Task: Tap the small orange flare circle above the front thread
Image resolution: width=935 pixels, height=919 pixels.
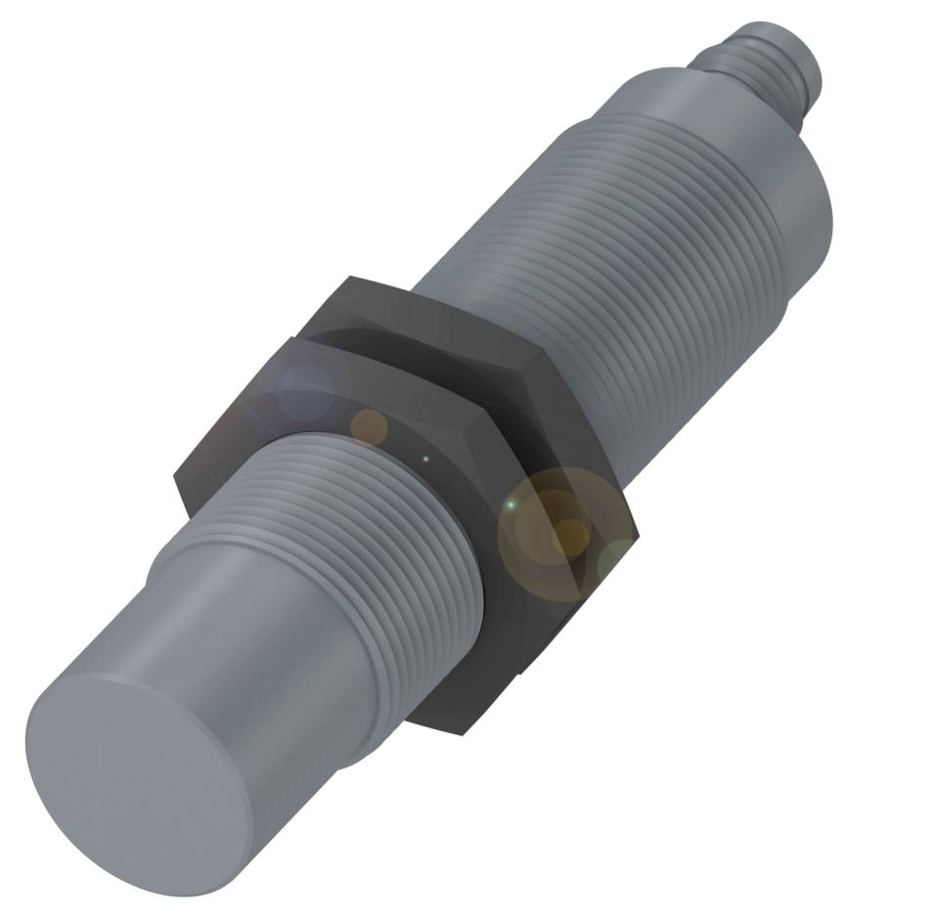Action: [370, 426]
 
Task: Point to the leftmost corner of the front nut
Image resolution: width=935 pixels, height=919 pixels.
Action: [176, 479]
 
